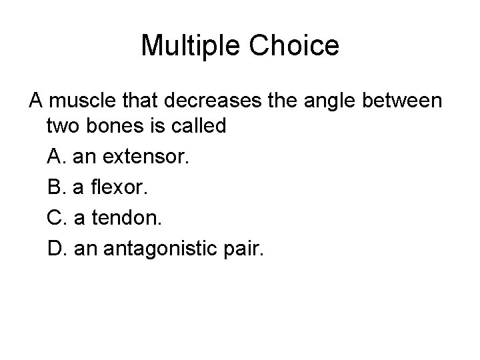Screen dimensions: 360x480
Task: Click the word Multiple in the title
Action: click(x=193, y=46)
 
